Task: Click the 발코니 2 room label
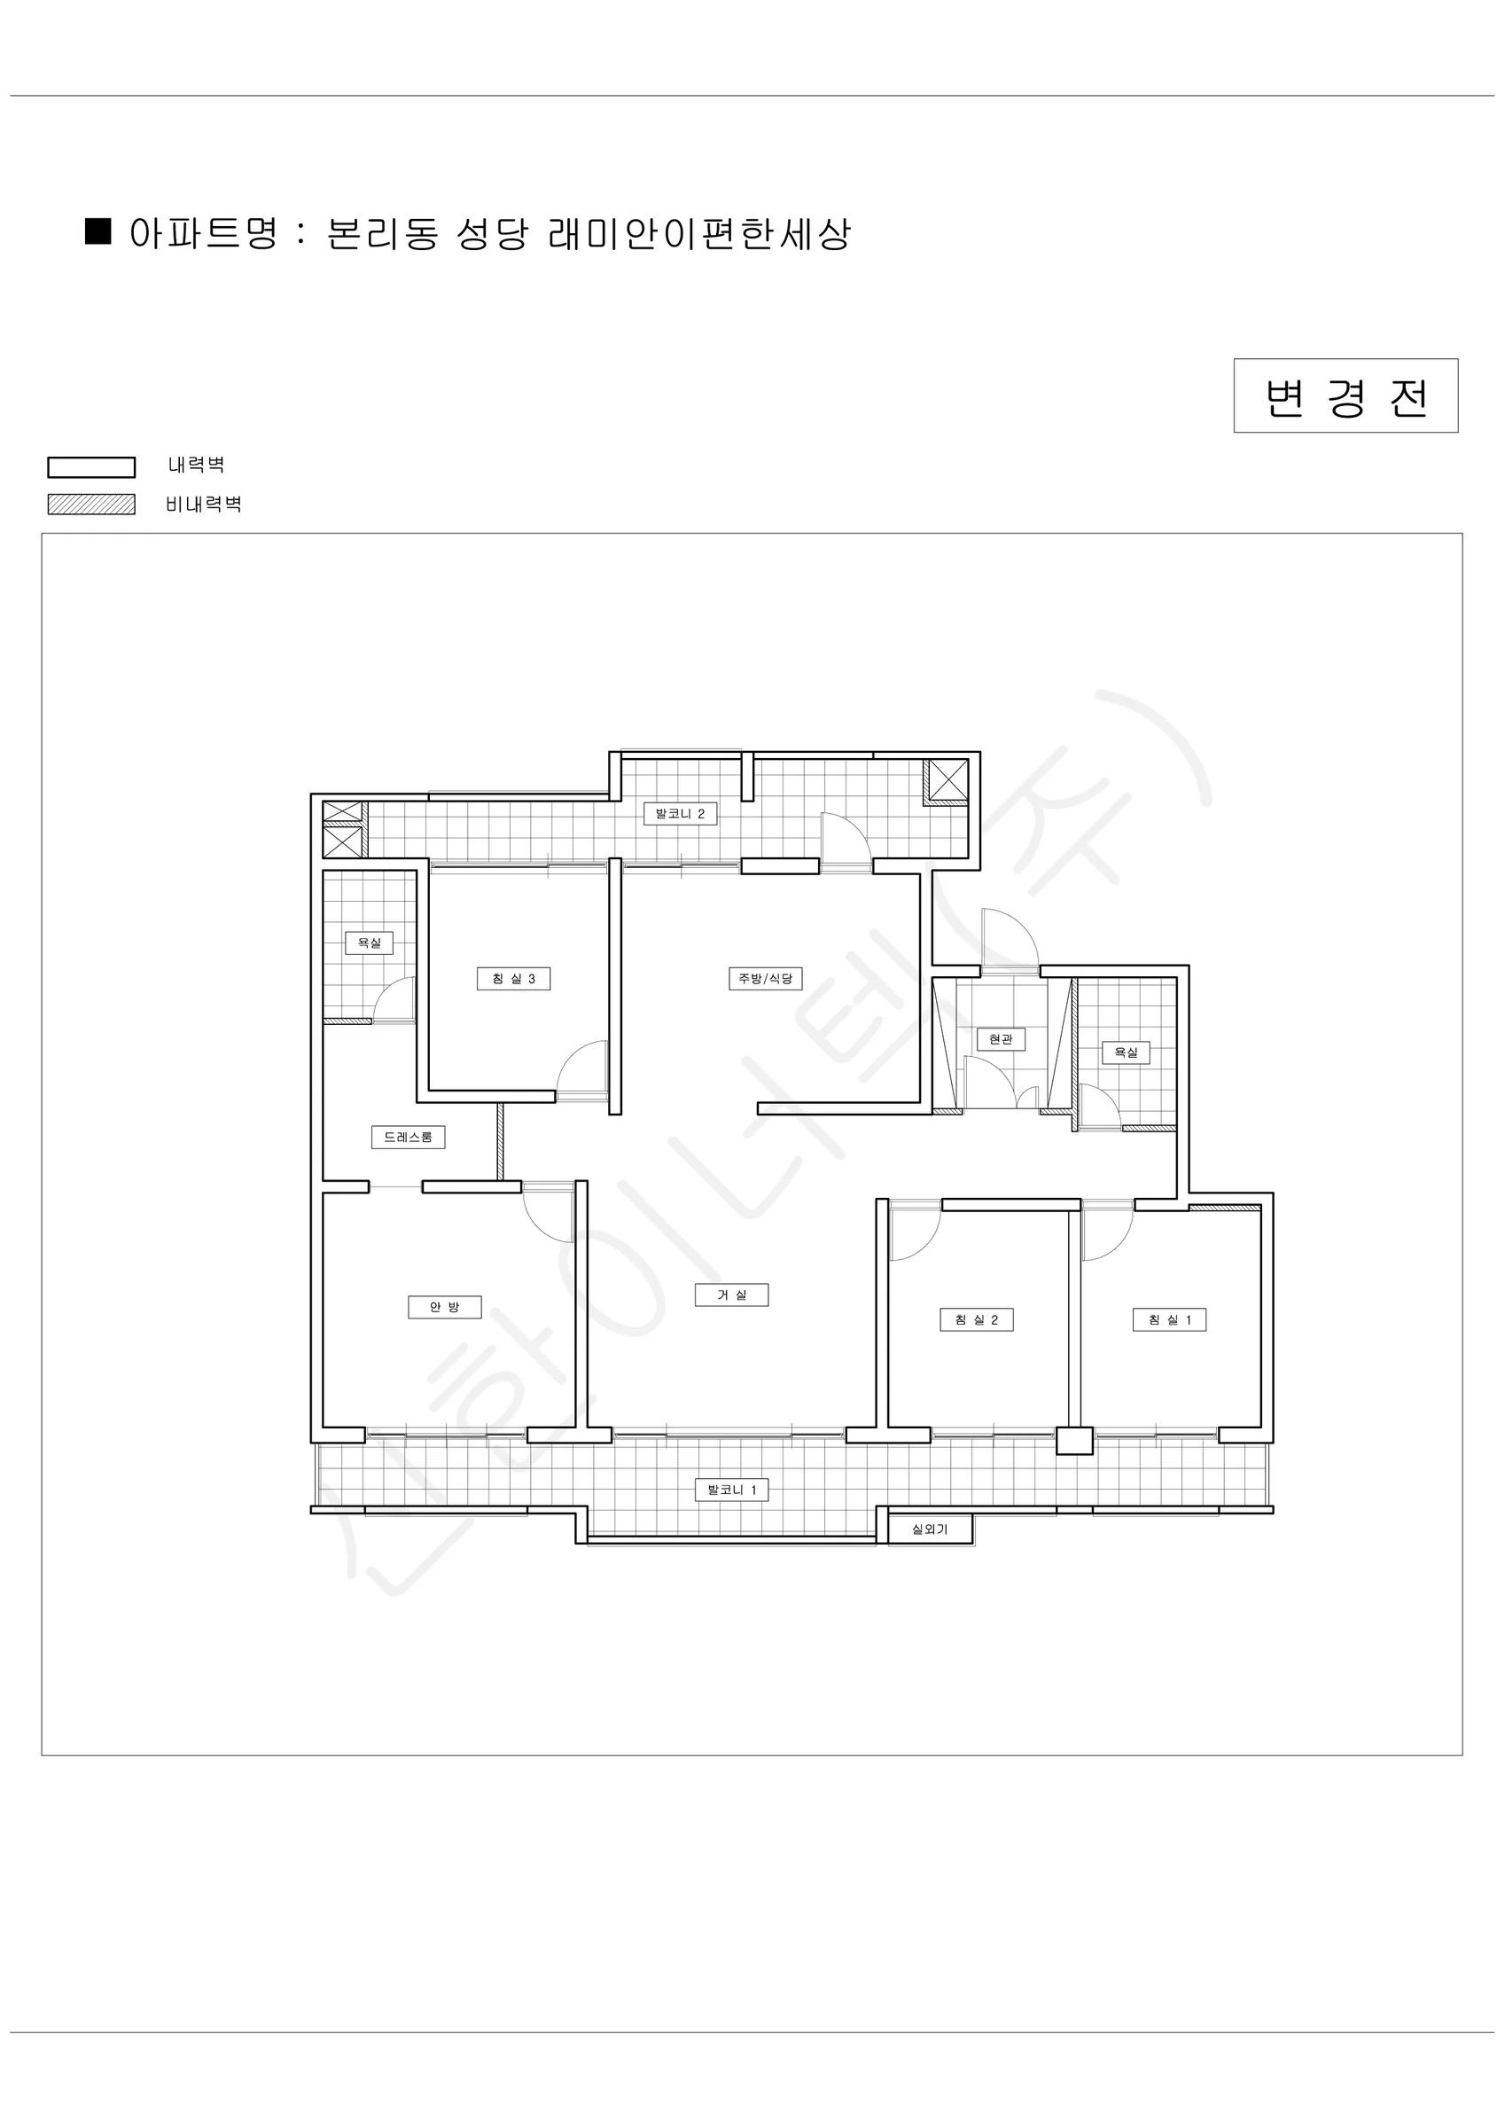pyautogui.click(x=680, y=814)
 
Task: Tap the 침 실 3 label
pyautogui.click(x=513, y=979)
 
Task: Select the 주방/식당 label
pyautogui.click(x=766, y=979)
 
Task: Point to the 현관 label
pyautogui.click(x=1001, y=1039)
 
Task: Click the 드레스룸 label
pyautogui.click(x=409, y=1138)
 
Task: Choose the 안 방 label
pyautogui.click(x=445, y=1307)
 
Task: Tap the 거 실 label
pyautogui.click(x=732, y=1295)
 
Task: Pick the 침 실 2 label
pyautogui.click(x=977, y=1320)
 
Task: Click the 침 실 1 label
pyautogui.click(x=1170, y=1320)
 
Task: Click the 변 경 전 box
pyautogui.click(x=1345, y=395)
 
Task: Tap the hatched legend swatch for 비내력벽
pyautogui.click(x=92, y=505)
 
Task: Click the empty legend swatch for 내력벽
pyautogui.click(x=92, y=467)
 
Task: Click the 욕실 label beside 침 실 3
pyautogui.click(x=370, y=943)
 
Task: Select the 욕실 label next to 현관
pyautogui.click(x=1126, y=1052)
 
